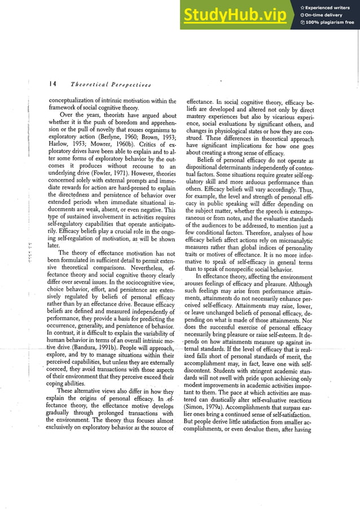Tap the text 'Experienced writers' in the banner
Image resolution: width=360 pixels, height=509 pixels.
pos(327,7)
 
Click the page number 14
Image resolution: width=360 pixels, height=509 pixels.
pos(52,85)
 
